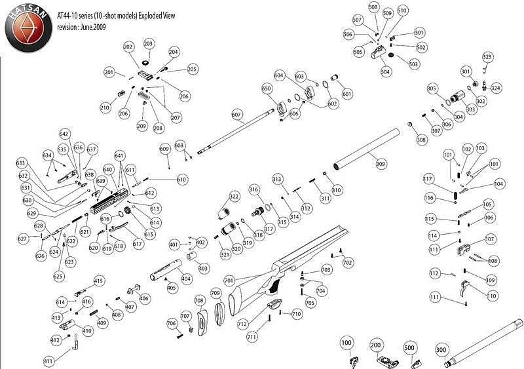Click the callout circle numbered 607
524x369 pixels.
pos(237,114)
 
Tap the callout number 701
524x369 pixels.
pos(229,280)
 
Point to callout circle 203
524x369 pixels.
pos(149,43)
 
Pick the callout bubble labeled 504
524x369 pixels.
pos(385,71)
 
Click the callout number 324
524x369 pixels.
pos(496,88)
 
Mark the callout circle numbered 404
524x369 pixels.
pos(187,279)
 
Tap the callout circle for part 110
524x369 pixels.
pos(492,296)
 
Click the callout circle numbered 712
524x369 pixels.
pos(242,324)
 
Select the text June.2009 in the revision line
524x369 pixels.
pos(91,27)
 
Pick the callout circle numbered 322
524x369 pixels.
pos(234,197)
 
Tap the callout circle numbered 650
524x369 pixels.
pos(266,88)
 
